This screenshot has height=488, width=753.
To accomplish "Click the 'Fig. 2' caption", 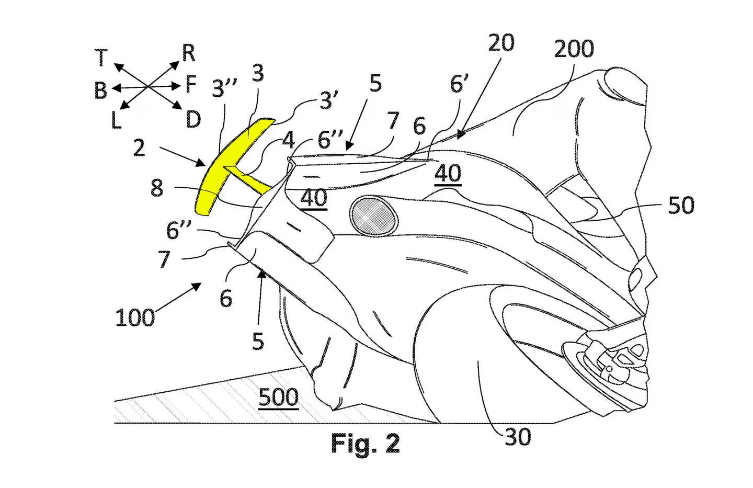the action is click(x=366, y=443).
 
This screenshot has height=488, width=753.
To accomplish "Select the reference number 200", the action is click(x=574, y=49).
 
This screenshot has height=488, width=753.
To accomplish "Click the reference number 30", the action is click(x=518, y=437).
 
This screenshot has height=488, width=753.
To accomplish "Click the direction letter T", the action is click(x=101, y=57).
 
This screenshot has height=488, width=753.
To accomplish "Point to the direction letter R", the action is click(x=189, y=53).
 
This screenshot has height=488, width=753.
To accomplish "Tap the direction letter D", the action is click(x=193, y=119).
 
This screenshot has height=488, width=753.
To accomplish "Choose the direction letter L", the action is click(x=116, y=121).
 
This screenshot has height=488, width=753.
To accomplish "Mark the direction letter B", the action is click(x=100, y=90).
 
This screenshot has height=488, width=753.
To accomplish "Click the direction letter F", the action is click(x=191, y=84).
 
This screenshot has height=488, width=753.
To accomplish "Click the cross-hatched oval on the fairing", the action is click(x=373, y=216).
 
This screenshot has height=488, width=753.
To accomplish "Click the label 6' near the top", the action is click(x=459, y=84).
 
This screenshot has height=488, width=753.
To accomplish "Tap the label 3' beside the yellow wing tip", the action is click(x=329, y=100).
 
